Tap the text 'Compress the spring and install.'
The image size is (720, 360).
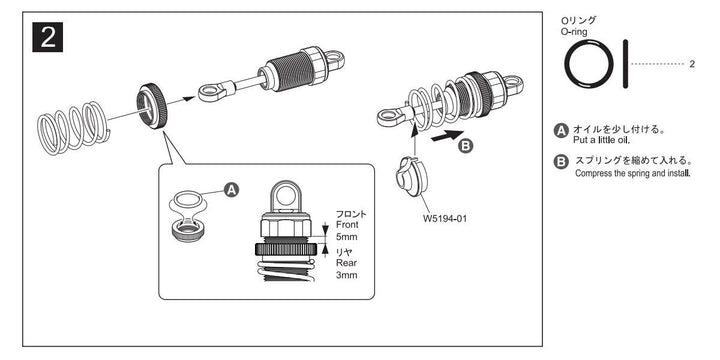pos(634,173)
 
